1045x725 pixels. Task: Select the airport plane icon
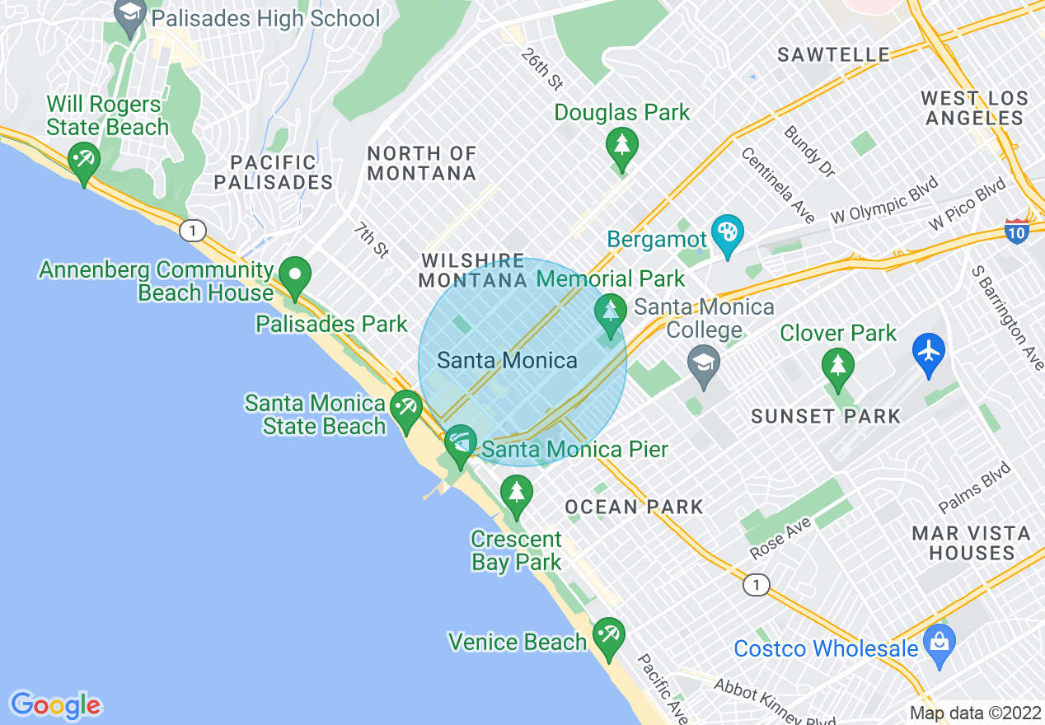[x=929, y=352]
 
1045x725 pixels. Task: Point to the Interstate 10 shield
[x=1017, y=233]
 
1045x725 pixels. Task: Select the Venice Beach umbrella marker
[x=608, y=635]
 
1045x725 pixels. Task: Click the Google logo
[x=56, y=705]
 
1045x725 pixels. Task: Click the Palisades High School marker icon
[x=130, y=16]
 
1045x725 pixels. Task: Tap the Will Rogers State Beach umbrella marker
[x=83, y=159]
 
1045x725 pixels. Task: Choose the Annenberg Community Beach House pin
[x=294, y=274]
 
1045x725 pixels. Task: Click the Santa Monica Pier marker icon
[x=460, y=444]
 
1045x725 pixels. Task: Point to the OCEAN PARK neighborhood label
[x=634, y=507]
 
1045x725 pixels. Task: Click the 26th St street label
[x=541, y=69]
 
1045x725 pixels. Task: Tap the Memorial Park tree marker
[x=610, y=312]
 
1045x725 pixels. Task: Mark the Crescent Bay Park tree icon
[x=517, y=495]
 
